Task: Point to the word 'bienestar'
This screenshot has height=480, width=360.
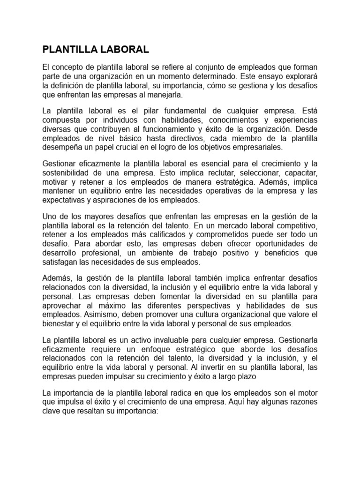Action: click(58, 323)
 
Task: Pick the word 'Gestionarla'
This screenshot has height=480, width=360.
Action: click(299, 340)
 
